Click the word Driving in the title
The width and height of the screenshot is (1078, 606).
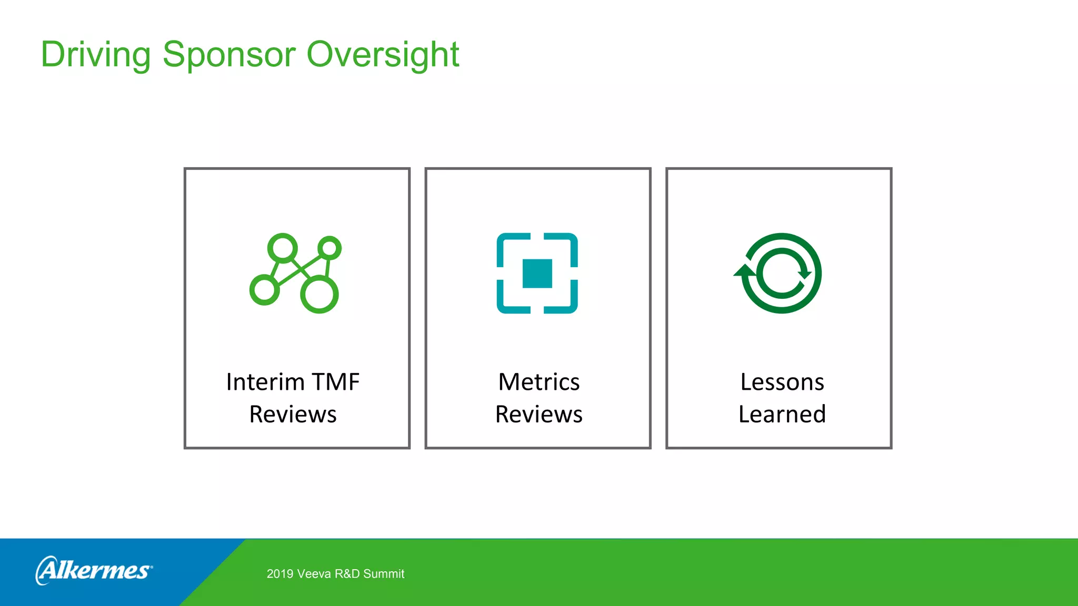click(x=96, y=55)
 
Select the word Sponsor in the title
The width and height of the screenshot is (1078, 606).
click(x=229, y=55)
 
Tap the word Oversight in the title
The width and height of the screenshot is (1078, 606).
click(x=383, y=55)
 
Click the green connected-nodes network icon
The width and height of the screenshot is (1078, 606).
click(x=295, y=274)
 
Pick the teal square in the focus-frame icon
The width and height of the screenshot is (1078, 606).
click(x=537, y=274)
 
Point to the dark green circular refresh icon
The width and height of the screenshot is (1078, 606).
click(x=781, y=274)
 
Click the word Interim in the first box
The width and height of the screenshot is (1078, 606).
click(x=265, y=382)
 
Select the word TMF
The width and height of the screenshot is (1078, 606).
click(x=335, y=382)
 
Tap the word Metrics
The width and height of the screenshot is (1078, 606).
click(x=538, y=382)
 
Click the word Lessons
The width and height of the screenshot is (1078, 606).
click(x=782, y=382)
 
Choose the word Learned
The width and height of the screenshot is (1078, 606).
click(x=782, y=415)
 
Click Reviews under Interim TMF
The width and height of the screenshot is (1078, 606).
click(x=293, y=415)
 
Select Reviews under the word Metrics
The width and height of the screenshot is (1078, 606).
click(x=538, y=415)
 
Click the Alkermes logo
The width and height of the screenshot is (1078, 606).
click(x=94, y=570)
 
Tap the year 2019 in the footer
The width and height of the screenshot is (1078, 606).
click(x=280, y=574)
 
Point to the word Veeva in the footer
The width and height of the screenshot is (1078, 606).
click(x=314, y=574)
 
